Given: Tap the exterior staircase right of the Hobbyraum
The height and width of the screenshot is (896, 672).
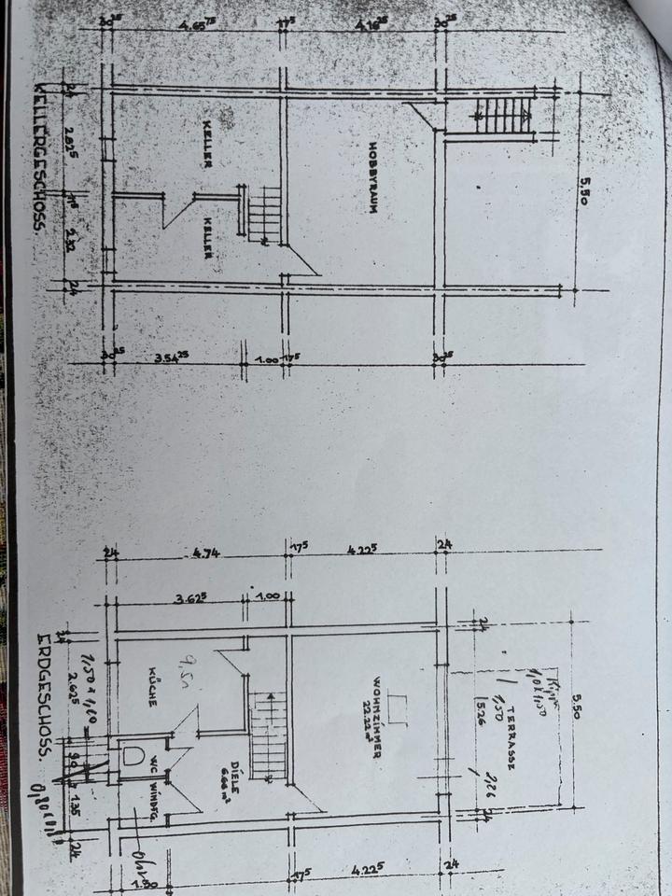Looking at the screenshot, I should pos(504,118).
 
